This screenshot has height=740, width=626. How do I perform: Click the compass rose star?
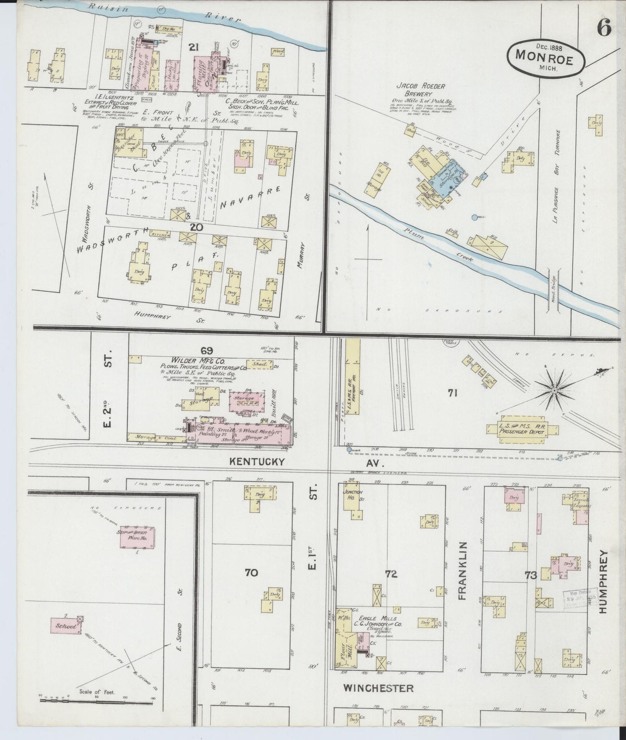point(554,391)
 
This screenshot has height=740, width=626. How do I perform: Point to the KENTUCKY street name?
point(257,462)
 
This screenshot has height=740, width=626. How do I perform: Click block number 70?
point(251,573)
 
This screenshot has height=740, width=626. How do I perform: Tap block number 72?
point(391,574)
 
